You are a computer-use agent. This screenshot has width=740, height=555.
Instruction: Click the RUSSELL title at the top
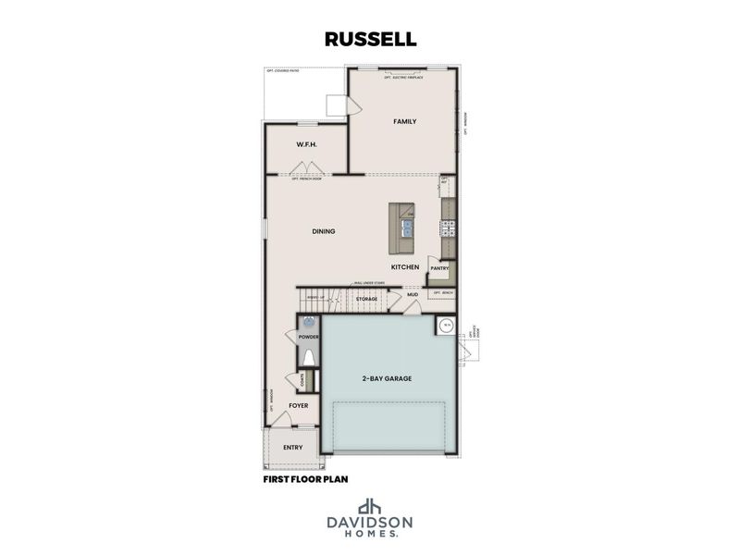click(370, 40)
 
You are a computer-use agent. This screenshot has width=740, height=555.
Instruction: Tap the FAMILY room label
click(404, 121)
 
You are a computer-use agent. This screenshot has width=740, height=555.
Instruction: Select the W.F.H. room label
click(307, 145)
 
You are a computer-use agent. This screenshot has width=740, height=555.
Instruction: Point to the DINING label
click(323, 231)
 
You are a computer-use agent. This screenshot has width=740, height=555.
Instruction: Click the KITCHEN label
click(405, 267)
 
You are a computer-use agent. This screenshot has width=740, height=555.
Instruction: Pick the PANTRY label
click(438, 268)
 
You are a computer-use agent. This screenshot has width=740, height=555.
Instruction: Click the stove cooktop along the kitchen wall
click(448, 228)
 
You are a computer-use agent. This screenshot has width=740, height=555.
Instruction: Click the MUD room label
click(413, 295)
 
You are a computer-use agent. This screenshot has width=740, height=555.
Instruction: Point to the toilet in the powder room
click(309, 359)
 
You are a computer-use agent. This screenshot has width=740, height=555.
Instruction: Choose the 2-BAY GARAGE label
click(387, 378)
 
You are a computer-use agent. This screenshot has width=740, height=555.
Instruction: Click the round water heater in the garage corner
click(445, 326)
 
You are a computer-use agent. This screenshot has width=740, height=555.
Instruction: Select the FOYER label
click(298, 406)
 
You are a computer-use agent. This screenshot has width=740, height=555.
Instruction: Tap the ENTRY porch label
click(292, 448)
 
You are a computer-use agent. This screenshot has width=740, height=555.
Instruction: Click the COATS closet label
click(302, 380)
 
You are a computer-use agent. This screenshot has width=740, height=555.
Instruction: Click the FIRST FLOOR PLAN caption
click(306, 480)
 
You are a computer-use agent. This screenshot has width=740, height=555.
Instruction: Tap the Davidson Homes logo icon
click(370, 506)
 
